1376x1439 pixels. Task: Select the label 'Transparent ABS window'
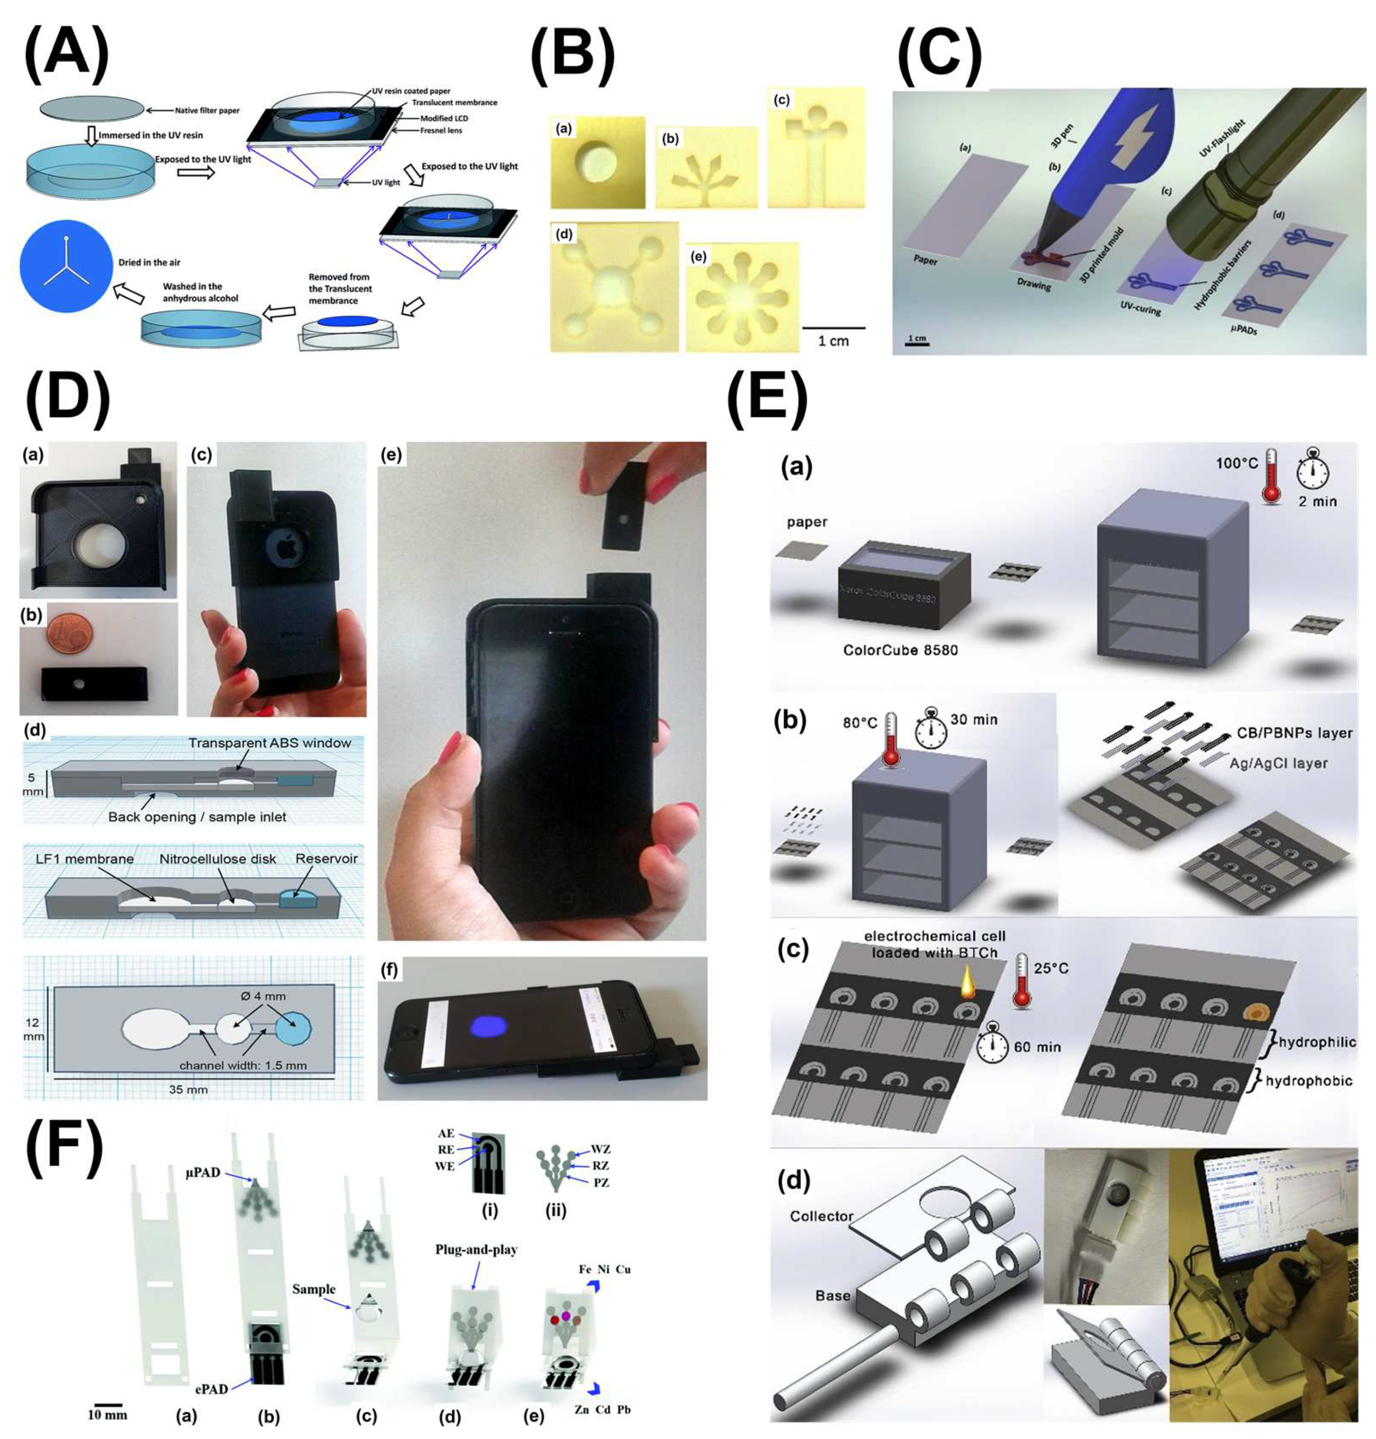pos(269,743)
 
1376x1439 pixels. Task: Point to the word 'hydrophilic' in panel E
pos(1317,1042)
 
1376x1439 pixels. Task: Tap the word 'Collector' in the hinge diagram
pos(821,1216)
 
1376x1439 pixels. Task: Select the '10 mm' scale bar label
pos(108,1414)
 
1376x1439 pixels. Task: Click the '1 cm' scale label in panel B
pos(833,341)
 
